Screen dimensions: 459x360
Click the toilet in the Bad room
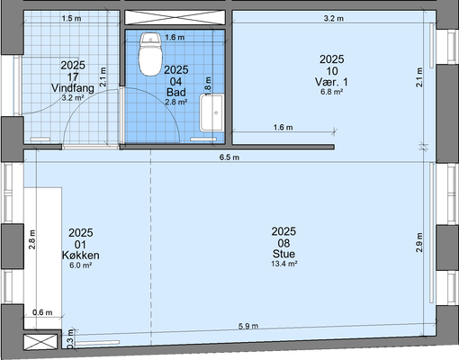click(150, 54)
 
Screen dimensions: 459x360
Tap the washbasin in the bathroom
click(211, 112)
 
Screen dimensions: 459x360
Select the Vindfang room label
click(73, 88)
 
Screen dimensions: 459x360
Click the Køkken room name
click(81, 256)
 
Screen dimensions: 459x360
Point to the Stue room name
click(283, 254)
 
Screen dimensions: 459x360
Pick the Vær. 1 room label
click(331, 82)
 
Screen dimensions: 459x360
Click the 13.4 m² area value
click(284, 264)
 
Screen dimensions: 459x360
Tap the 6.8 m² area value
click(331, 92)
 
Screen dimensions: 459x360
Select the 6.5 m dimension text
click(229, 157)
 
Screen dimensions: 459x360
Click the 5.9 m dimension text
click(248, 326)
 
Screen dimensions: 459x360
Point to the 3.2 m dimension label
click(334, 18)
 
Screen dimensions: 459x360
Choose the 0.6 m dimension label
click(42, 312)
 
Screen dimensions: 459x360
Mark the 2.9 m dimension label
click(419, 242)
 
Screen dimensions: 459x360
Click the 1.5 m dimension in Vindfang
click(71, 18)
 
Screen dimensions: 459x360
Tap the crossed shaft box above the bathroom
click(175, 17)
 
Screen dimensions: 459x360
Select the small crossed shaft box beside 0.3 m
click(40, 342)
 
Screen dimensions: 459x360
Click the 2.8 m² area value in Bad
click(176, 102)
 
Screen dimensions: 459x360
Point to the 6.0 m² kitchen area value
click(81, 265)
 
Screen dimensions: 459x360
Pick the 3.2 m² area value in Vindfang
click(73, 97)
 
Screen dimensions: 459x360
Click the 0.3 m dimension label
click(70, 339)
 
